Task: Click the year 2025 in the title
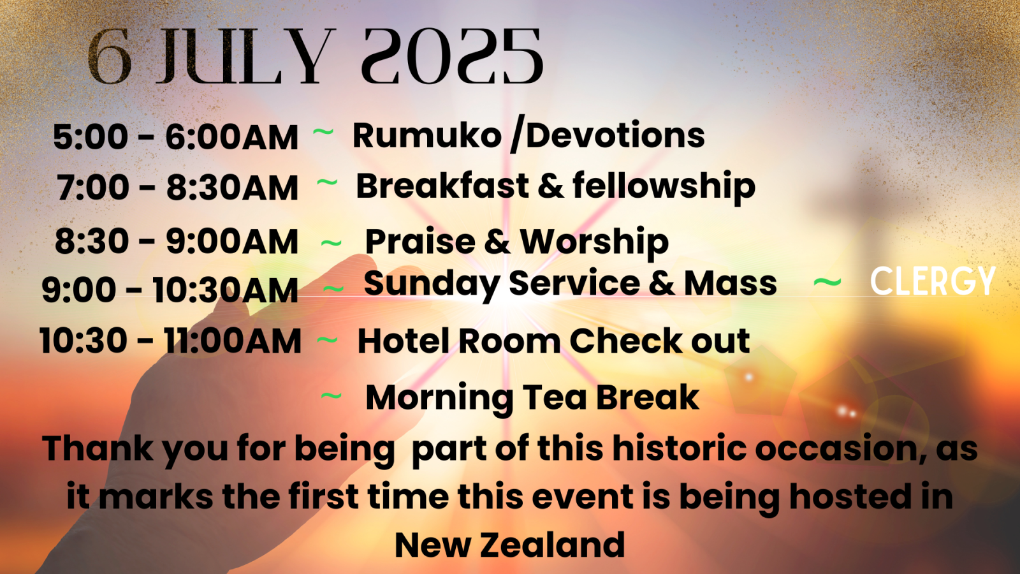[x=452, y=56]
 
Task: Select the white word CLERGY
[x=933, y=281]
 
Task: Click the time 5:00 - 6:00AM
[x=175, y=136]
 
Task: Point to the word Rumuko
[x=426, y=135]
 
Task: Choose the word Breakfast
[x=442, y=186]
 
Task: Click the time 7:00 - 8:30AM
[x=177, y=188]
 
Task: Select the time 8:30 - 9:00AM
[x=176, y=241]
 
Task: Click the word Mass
[x=731, y=283]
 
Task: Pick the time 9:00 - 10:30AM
[x=170, y=290]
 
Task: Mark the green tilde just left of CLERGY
[x=827, y=282]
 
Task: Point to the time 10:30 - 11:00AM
[x=170, y=341]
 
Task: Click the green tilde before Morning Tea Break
[x=331, y=395]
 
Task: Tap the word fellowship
[x=664, y=187]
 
